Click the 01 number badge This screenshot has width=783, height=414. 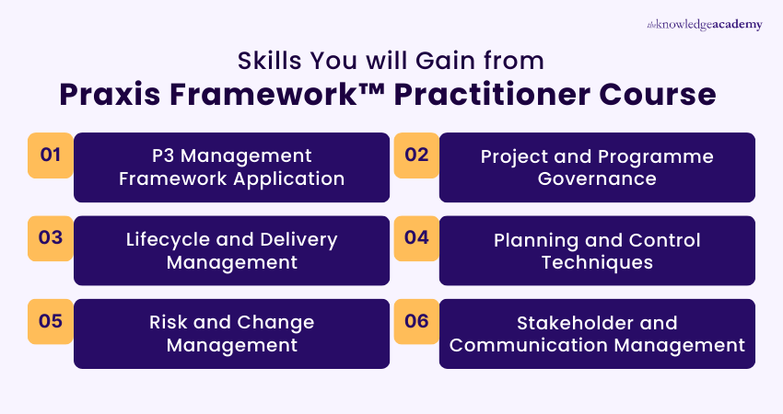pos(50,155)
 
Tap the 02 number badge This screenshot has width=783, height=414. pos(416,155)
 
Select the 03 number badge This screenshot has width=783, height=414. pos(50,237)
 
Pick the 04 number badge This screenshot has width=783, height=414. pos(416,237)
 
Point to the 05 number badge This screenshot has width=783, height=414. pos(50,321)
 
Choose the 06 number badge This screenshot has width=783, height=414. pos(416,321)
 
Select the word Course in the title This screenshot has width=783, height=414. pos(670,94)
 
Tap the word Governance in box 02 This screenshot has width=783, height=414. pos(596,178)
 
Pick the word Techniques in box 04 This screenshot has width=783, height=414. pos(596,262)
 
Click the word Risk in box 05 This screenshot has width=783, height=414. pos(169,323)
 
